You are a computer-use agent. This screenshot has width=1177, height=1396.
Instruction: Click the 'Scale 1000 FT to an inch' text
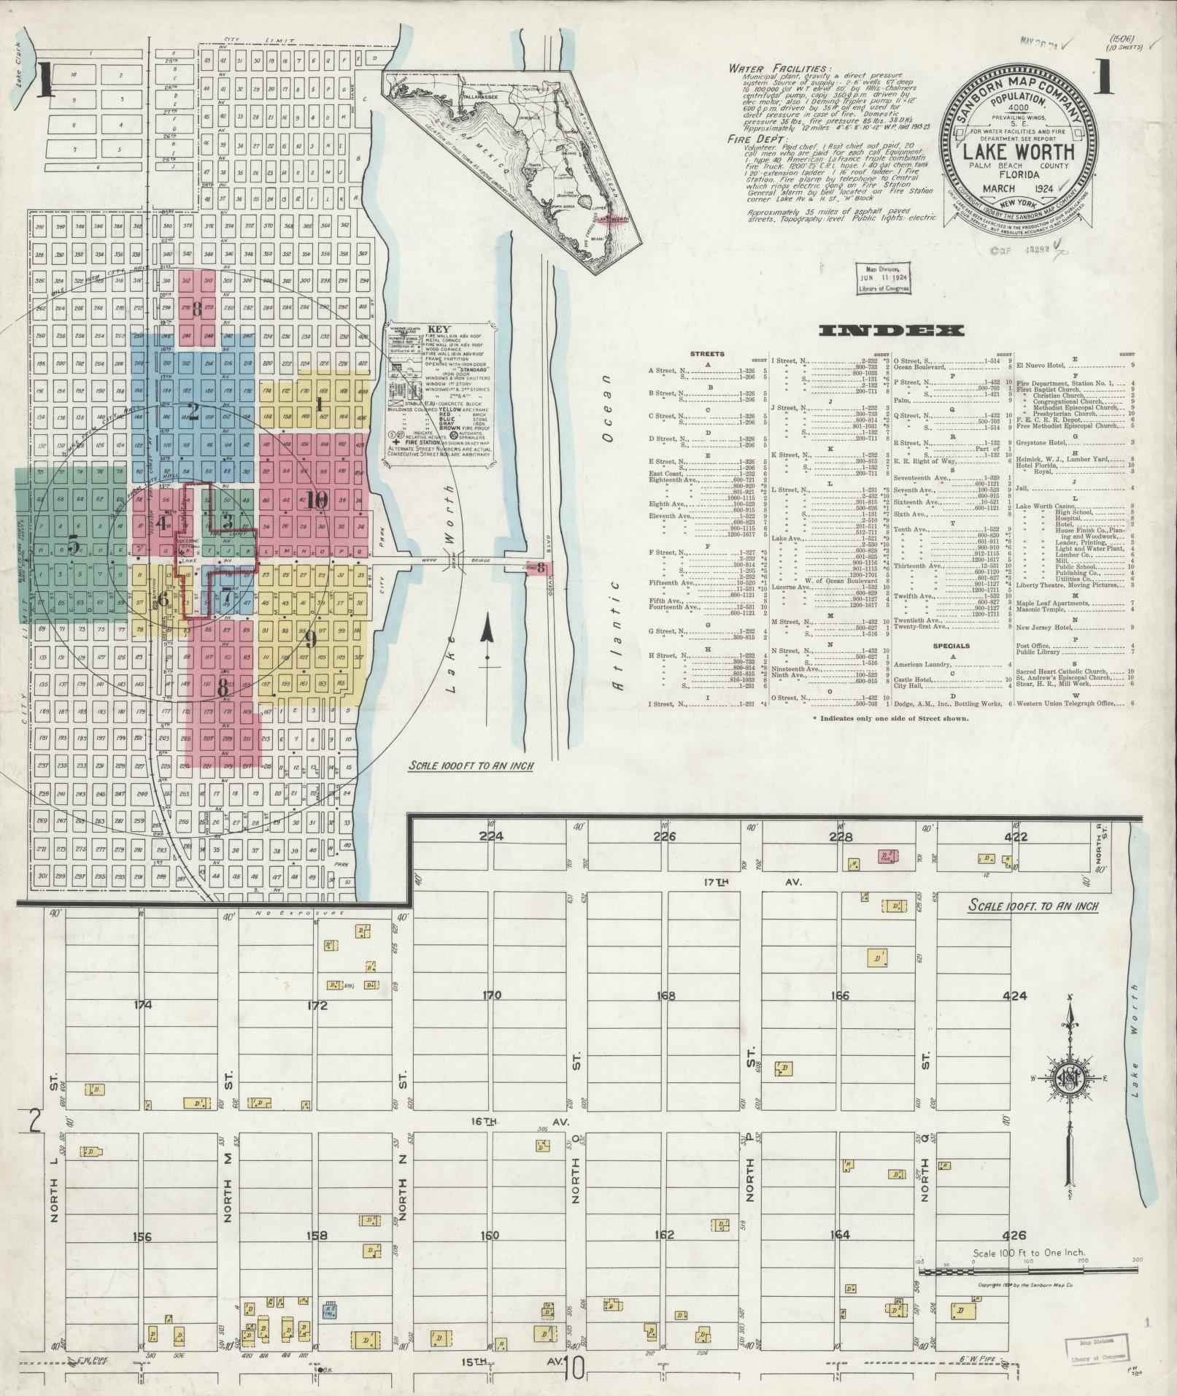tap(471, 766)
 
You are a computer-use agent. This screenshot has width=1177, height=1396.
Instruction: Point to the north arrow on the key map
tap(486, 642)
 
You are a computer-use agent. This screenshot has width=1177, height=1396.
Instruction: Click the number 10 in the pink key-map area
tap(317, 500)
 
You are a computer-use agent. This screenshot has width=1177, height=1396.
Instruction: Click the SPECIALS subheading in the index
tap(951, 646)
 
